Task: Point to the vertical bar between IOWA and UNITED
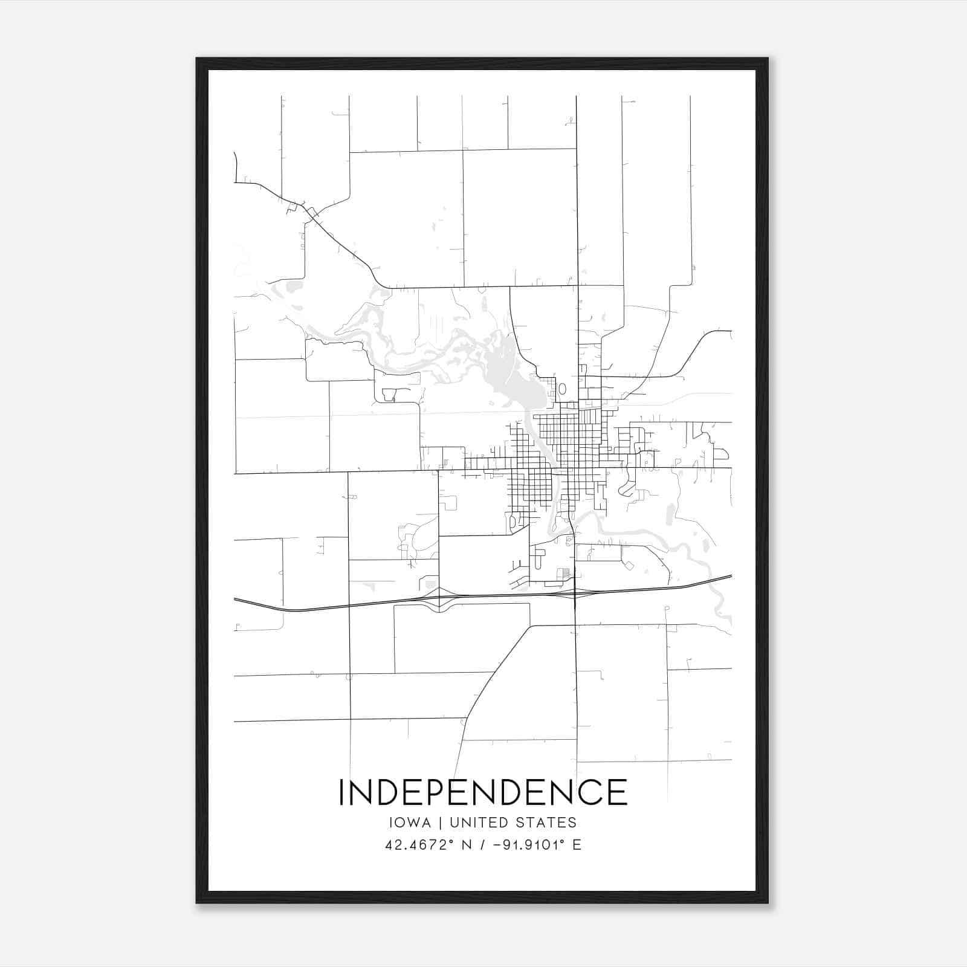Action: (x=440, y=823)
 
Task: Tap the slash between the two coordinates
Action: (x=482, y=845)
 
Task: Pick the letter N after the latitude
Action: (x=466, y=845)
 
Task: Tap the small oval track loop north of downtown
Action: (x=563, y=389)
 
